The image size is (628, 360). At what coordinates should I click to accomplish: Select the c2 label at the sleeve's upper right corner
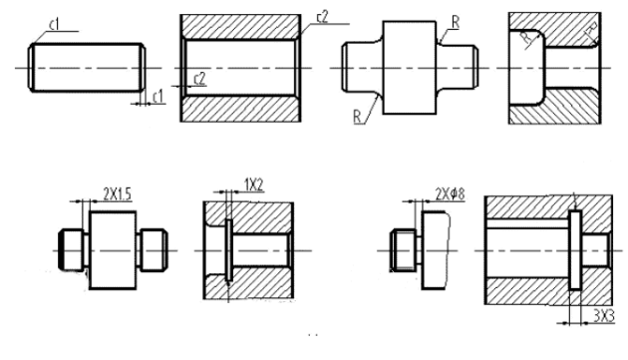pyautogui.click(x=321, y=17)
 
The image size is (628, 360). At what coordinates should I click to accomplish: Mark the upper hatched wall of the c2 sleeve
pyautogui.click(x=242, y=27)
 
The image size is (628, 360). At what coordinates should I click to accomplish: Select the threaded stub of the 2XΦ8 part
pyautogui.click(x=400, y=249)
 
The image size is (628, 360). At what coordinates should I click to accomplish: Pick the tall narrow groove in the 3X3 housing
pyautogui.click(x=575, y=249)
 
